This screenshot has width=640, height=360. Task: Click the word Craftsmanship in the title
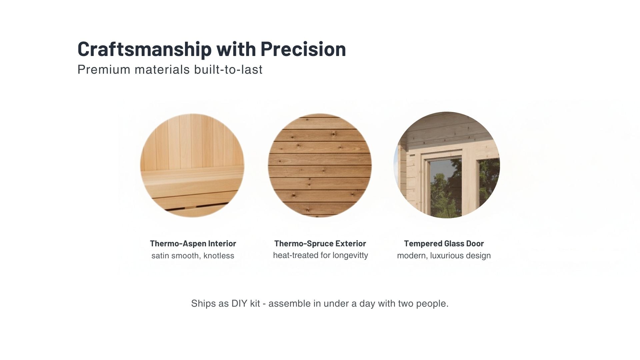pos(144,49)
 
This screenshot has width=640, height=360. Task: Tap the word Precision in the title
pos(303,49)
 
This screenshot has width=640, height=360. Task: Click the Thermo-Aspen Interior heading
pos(193,244)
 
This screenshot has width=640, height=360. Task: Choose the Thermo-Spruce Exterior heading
pos(320,244)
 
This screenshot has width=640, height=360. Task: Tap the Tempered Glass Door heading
pos(444,244)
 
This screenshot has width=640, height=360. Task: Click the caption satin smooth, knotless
pos(193,256)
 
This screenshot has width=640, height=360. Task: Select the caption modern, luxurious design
pos(444,256)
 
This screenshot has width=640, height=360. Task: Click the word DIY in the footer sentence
pos(239,304)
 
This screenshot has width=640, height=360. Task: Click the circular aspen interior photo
pos(192,147)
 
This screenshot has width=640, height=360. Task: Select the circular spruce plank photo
pos(320,166)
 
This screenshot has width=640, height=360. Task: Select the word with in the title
pos(236,49)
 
